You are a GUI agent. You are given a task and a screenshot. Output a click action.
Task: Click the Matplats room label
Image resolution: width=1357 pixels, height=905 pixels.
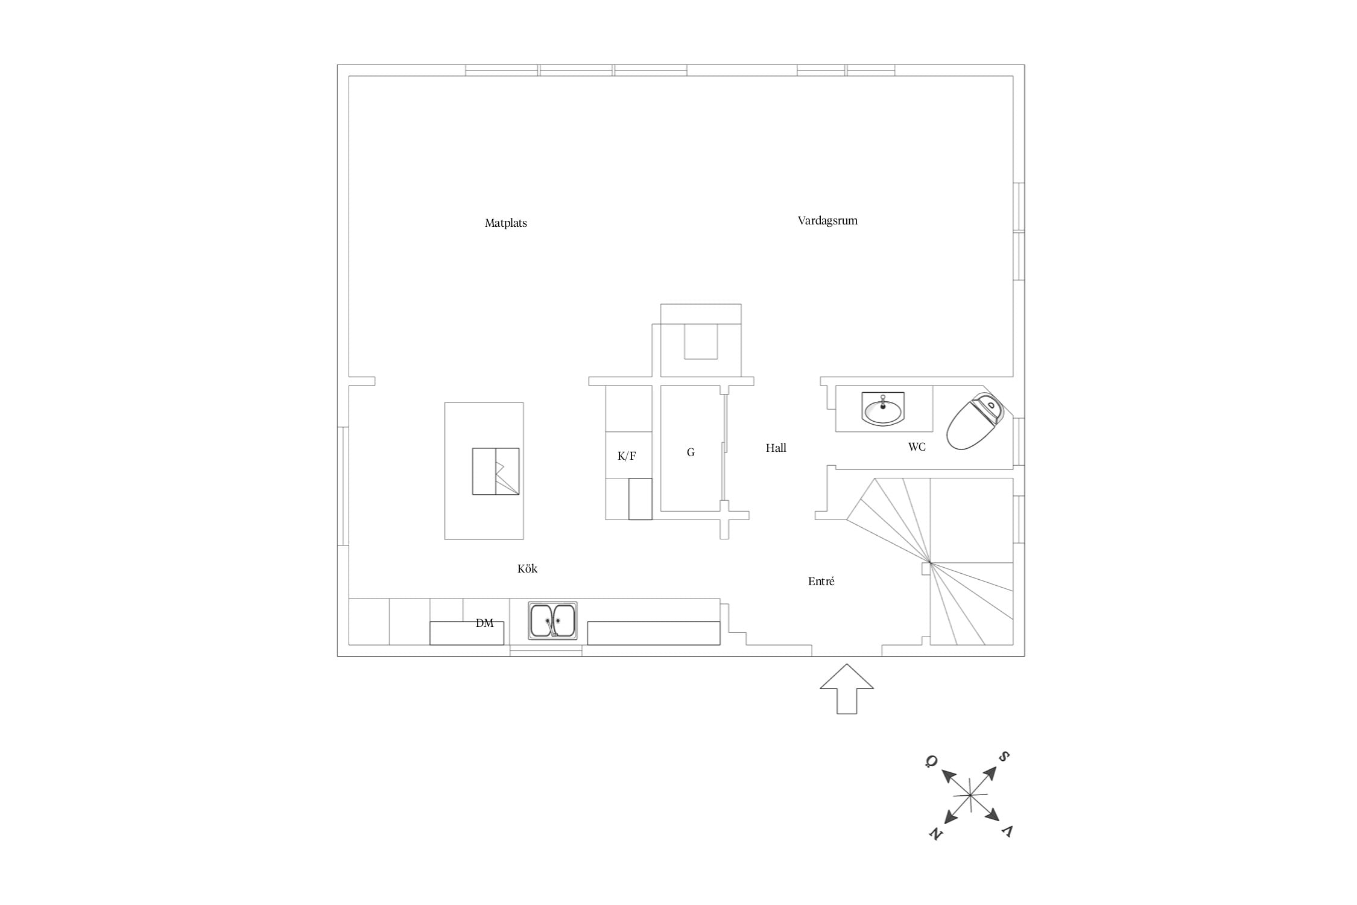[x=505, y=223]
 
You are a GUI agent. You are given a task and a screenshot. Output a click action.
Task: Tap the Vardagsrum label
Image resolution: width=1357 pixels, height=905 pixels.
[x=827, y=221]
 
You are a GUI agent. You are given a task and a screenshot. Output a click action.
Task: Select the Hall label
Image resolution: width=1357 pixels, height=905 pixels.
[x=776, y=448]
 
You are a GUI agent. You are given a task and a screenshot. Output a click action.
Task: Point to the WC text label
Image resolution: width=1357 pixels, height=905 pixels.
[x=917, y=447]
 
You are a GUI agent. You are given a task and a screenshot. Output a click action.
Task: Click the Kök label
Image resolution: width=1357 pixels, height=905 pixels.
[x=527, y=568]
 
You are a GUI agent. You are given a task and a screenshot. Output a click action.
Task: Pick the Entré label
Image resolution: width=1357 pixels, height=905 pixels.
[x=821, y=582]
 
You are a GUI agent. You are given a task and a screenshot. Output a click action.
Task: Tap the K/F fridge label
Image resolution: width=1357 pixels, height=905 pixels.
[x=627, y=456]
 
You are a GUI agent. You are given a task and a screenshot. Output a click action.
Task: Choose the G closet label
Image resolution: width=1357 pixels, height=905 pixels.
[x=691, y=453]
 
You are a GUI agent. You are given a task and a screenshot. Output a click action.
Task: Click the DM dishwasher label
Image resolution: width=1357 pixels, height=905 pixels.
[x=484, y=623]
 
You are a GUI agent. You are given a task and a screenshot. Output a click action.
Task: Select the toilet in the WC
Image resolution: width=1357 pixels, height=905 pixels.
[x=975, y=421]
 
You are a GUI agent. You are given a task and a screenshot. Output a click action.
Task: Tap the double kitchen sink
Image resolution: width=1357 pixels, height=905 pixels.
[x=552, y=620]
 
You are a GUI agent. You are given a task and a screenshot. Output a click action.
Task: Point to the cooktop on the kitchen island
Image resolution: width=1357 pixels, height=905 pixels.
[x=496, y=471]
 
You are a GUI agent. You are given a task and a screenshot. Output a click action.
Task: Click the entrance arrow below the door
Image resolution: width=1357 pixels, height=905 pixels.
[x=847, y=689]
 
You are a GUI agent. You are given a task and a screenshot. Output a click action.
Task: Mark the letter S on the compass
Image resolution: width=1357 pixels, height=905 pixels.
[x=1004, y=757]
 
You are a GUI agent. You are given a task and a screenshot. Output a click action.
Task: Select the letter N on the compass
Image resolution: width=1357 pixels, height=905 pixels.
[x=935, y=834]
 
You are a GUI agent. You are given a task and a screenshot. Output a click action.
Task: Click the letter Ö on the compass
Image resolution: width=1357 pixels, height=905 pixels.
[x=931, y=761]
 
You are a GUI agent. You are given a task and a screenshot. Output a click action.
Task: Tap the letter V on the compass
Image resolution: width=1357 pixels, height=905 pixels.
[x=1007, y=831]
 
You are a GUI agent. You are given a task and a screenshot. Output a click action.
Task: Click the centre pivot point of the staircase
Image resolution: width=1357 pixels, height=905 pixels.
[x=930, y=564]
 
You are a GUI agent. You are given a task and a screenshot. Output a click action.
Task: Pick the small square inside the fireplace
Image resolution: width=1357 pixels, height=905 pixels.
[x=701, y=341]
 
